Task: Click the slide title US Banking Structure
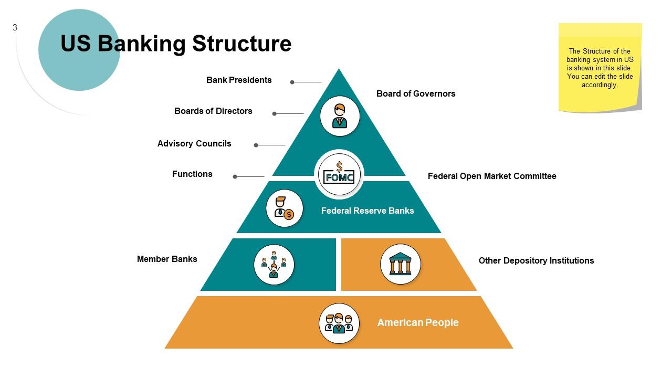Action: coord(176,44)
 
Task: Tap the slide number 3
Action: coord(15,28)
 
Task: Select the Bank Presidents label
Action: coord(239,80)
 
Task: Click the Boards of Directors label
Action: coord(213,111)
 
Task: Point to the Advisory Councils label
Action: coord(194,144)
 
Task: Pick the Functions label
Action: coord(192,174)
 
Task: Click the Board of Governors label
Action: coord(416,94)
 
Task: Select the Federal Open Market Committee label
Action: coord(492,176)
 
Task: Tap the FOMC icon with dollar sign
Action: coord(339,174)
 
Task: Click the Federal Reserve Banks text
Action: coord(367,211)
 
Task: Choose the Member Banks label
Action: coord(167,259)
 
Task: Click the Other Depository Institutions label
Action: coord(536,261)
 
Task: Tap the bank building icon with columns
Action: coord(401,264)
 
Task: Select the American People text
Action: coord(418,323)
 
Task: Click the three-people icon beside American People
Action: coord(339,323)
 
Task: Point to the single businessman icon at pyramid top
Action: coord(340,116)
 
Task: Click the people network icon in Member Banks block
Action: coord(274,264)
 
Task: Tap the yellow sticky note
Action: coord(600,67)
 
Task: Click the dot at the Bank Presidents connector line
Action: coord(292,82)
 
